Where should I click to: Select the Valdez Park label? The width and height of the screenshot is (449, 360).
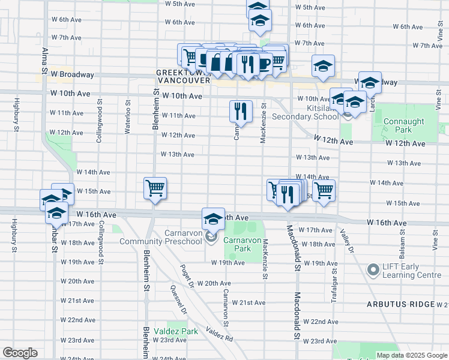pyautogui.click(x=175, y=331)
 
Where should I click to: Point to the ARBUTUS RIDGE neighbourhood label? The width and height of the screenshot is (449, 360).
pyautogui.click(x=401, y=304)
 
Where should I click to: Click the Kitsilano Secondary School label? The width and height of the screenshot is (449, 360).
pyautogui.click(x=306, y=112)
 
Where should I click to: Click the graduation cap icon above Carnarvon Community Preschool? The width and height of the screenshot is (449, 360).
pyautogui.click(x=213, y=219)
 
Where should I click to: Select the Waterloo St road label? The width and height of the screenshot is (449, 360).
pyautogui.click(x=127, y=112)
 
